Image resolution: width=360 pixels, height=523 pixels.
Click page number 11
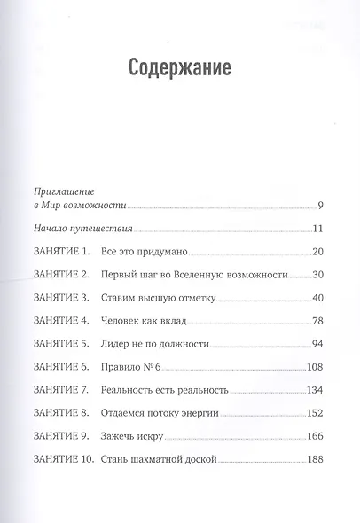(x=317, y=229)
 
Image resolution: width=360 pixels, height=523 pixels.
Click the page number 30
(x=317, y=276)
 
